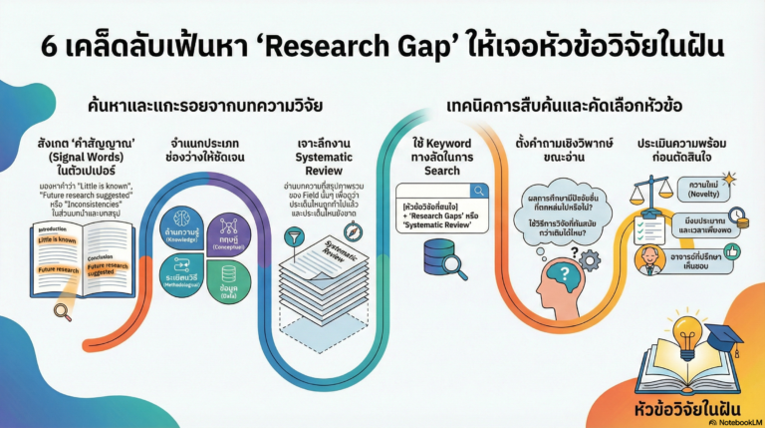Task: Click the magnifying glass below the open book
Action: [x=62, y=312]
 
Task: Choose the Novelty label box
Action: [x=699, y=190]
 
